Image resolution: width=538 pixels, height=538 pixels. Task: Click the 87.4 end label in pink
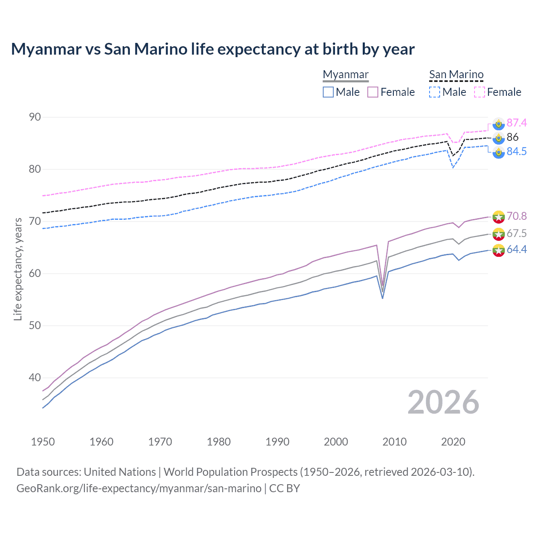[517, 123]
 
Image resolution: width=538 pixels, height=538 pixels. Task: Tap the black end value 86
[512, 137]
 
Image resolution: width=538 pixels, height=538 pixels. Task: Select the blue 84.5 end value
[517, 151]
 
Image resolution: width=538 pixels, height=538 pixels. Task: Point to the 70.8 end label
[517, 216]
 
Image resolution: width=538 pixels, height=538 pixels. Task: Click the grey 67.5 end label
[517, 233]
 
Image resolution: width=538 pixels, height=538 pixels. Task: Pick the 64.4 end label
[517, 249]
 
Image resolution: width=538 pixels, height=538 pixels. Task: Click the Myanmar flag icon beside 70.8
[498, 216]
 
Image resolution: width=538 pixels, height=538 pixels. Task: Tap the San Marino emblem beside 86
[498, 137]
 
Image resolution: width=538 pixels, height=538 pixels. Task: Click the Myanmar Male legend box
[328, 92]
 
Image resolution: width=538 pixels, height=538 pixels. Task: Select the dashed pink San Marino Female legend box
[480, 92]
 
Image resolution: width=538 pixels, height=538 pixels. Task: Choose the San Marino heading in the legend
[456, 74]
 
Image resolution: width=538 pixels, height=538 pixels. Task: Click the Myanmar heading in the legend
[345, 74]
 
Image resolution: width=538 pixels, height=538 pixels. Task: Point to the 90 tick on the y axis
[35, 117]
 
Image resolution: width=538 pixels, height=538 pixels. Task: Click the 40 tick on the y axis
[35, 377]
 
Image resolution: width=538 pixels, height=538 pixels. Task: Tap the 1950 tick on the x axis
[43, 442]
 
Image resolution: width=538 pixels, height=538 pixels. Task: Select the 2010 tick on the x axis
[394, 442]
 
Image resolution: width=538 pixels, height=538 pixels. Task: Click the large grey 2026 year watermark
[443, 402]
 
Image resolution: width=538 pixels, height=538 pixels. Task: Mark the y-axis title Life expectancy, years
[18, 269]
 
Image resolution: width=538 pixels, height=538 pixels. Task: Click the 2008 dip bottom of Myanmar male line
[382, 298]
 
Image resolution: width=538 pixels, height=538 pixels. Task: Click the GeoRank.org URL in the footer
[139, 488]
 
